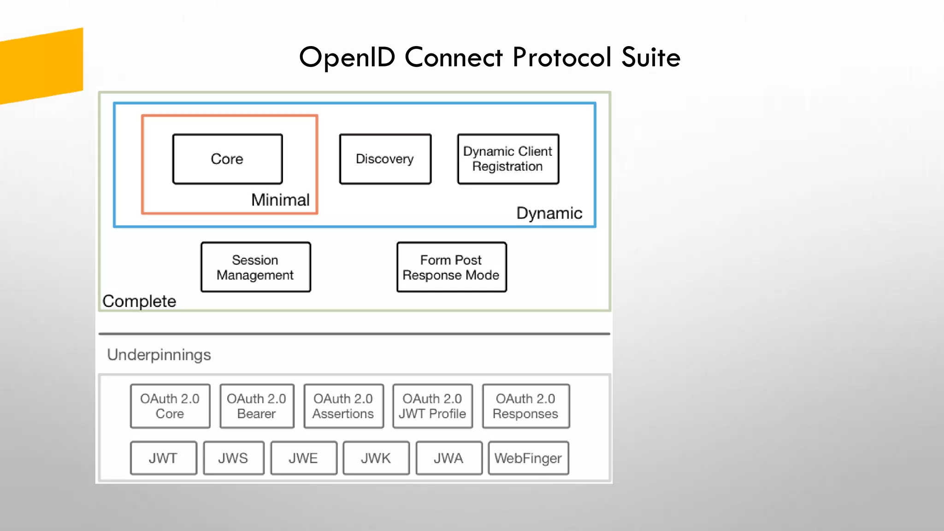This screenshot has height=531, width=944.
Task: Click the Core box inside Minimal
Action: point(227,159)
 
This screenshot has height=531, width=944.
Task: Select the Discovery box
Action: point(385,159)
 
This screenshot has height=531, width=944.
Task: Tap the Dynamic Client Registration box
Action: point(508,159)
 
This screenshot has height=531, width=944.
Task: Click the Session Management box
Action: point(255,267)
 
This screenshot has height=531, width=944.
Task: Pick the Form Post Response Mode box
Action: point(451,267)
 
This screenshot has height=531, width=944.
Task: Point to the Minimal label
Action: point(280,200)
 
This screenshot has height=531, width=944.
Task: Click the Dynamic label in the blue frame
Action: point(549,213)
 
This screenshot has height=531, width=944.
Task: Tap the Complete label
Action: point(139,301)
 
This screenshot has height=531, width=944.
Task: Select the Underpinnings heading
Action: point(159,355)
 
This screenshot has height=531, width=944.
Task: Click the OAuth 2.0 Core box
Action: point(170,406)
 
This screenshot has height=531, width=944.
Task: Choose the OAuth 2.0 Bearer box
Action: point(257,406)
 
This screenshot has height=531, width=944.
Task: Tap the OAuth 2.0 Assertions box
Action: point(343,406)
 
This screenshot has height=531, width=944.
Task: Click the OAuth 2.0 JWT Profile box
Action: point(432,406)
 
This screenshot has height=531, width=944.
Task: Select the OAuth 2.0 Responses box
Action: point(525,406)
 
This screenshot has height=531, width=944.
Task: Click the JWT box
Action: point(163,458)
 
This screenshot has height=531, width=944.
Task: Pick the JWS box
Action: point(233,458)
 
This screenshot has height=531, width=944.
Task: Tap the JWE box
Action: point(303,458)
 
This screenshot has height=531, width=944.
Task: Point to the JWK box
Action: point(376,458)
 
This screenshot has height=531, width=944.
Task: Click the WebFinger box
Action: point(528,458)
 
